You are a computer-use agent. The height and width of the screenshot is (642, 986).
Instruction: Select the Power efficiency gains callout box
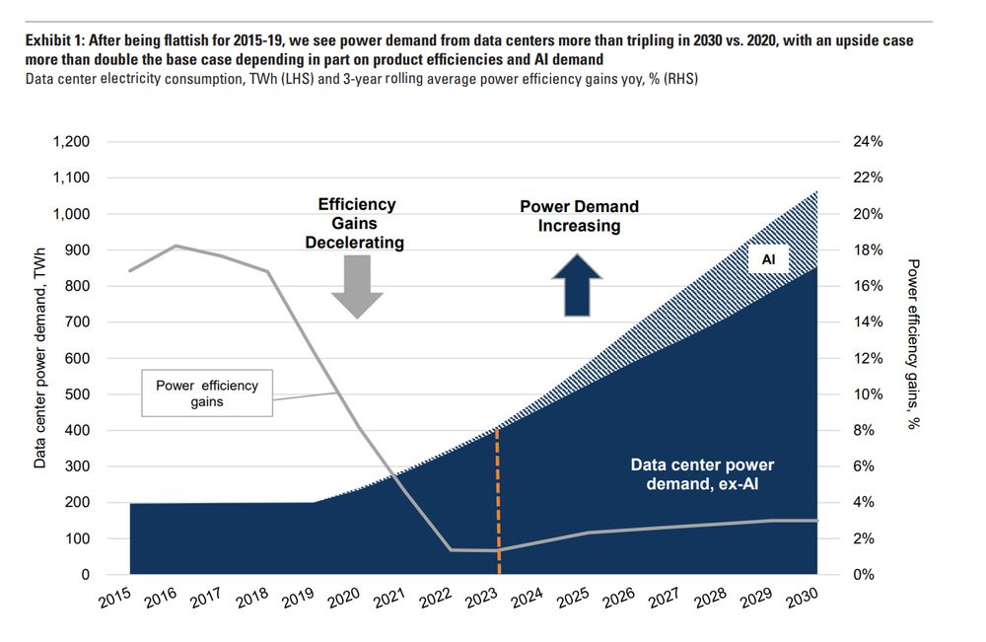[207, 393]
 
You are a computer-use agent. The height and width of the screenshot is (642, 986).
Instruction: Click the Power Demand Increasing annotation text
[579, 216]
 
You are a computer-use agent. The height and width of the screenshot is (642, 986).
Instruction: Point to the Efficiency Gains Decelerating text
[356, 223]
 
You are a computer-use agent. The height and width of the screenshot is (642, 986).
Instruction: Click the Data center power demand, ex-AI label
[702, 473]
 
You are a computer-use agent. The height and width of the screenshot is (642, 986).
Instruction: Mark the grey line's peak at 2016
[176, 246]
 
